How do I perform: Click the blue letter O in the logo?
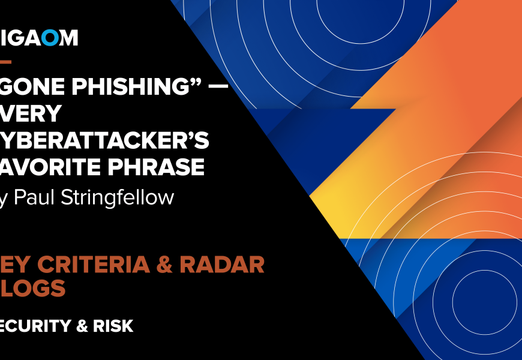pos(51,38)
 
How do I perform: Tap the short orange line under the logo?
pos(5,61)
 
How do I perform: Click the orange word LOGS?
pos(36,289)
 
